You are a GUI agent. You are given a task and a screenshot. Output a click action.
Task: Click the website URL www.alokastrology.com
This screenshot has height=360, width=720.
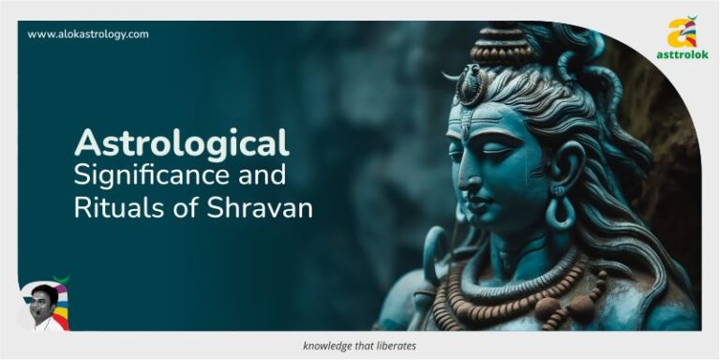click(88, 35)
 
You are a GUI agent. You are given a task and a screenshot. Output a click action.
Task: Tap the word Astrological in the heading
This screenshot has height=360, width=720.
click(182, 143)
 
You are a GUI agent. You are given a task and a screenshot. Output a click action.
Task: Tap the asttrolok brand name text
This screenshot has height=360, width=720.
click(683, 55)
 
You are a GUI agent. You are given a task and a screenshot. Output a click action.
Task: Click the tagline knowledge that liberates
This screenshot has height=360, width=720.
click(360, 346)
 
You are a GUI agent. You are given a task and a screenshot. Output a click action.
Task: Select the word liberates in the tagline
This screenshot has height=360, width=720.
click(395, 346)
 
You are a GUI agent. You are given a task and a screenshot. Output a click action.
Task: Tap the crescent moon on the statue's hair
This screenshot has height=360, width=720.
click(466, 82)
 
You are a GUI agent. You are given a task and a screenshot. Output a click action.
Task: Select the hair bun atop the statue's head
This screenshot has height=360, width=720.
click(500, 42)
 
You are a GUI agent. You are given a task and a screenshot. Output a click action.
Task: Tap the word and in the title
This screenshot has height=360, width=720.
click(265, 175)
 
